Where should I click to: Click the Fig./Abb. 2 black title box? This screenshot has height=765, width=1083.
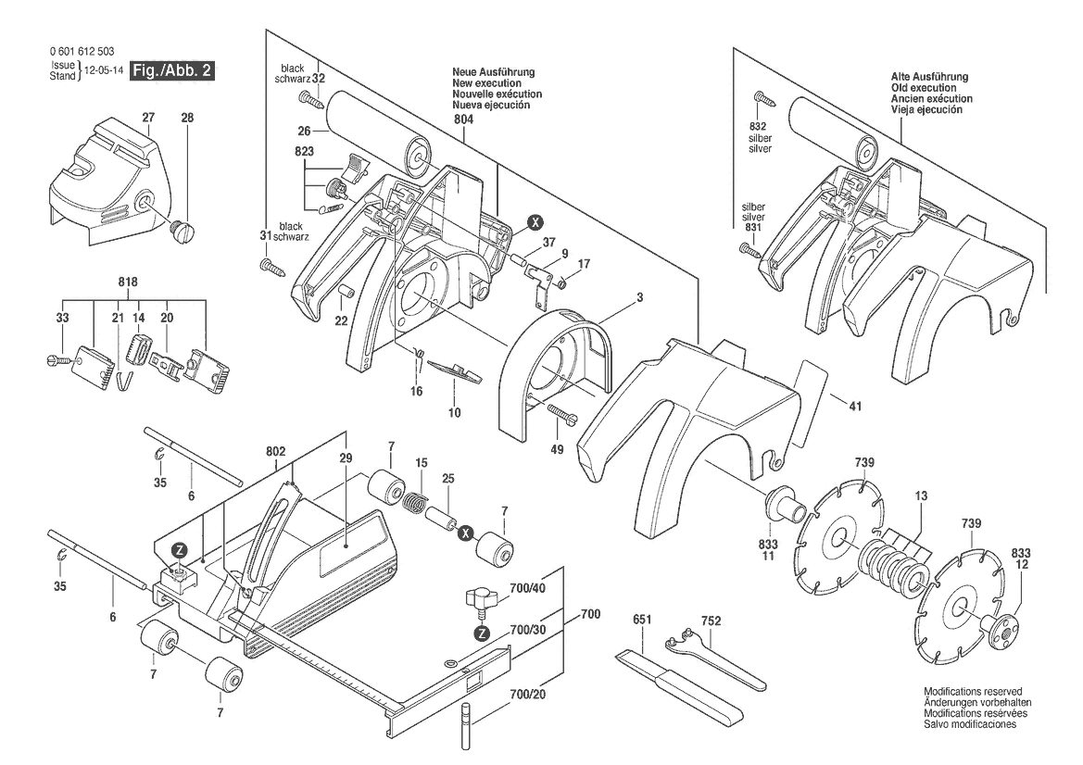click(x=172, y=70)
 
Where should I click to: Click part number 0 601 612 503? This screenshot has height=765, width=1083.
click(x=82, y=52)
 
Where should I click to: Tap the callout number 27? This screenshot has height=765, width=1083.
click(x=148, y=118)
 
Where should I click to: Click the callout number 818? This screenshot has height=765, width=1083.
click(x=128, y=282)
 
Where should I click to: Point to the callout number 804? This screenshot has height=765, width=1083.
click(x=463, y=119)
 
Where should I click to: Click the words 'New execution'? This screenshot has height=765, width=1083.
click(x=487, y=82)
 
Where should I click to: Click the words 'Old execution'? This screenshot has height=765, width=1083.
click(x=924, y=88)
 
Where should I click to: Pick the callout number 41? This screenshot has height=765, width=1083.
click(x=855, y=407)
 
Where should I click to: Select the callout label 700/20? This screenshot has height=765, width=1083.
click(x=527, y=694)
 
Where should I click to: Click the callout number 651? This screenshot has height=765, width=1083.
click(x=642, y=620)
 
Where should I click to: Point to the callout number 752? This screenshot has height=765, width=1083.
click(x=711, y=621)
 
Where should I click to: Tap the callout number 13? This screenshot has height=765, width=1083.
click(x=921, y=495)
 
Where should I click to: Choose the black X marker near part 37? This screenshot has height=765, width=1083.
click(x=535, y=222)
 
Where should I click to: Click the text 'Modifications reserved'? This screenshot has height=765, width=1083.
click(x=973, y=691)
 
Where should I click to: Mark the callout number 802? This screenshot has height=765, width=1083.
click(x=275, y=452)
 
